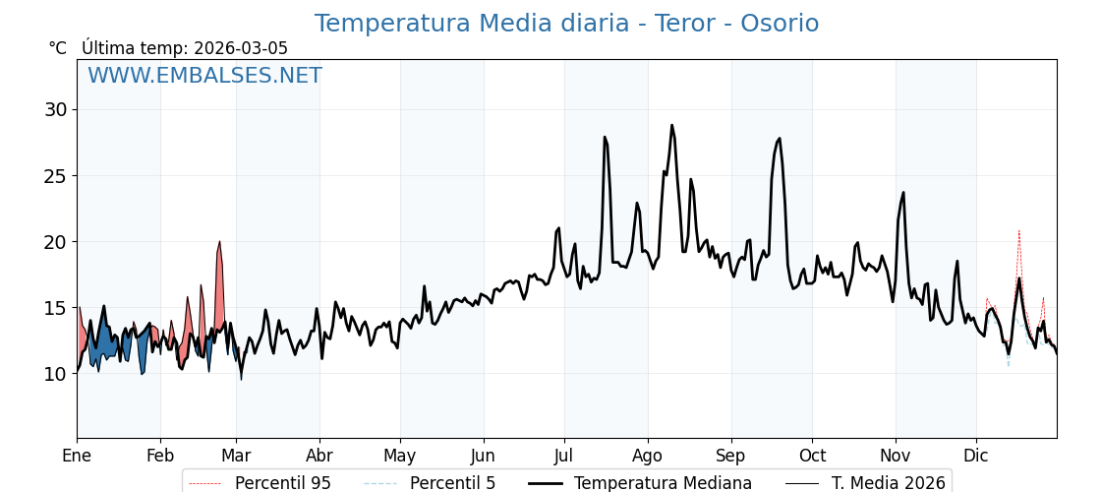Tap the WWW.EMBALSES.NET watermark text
pyautogui.click(x=204, y=76)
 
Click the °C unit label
pyautogui.click(x=58, y=48)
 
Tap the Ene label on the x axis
pyautogui.click(x=77, y=456)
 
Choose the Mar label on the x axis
pyautogui.click(x=236, y=456)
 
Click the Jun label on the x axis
pyautogui.click(x=484, y=456)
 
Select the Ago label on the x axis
pyautogui.click(x=648, y=456)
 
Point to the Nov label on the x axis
pyautogui.click(x=896, y=456)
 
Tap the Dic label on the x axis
pyautogui.click(x=976, y=456)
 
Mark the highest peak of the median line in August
pyautogui.click(x=672, y=125)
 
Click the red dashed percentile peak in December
pyautogui.click(x=1018, y=230)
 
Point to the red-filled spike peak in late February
pyautogui.click(x=219, y=242)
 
